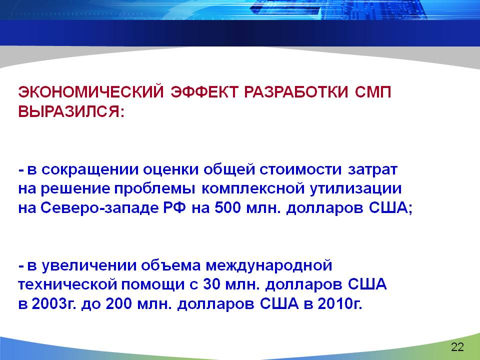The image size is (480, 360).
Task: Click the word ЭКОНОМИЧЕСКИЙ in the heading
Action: (91, 92)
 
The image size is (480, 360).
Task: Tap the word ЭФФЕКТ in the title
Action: (204, 92)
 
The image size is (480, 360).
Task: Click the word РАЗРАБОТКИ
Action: (296, 92)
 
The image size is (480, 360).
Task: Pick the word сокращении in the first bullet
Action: (90, 169)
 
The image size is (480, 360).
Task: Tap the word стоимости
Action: (300, 169)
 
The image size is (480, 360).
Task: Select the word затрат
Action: (372, 170)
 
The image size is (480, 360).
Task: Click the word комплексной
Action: (253, 189)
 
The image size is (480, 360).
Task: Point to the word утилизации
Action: (355, 189)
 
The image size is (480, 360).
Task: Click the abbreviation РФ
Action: (175, 208)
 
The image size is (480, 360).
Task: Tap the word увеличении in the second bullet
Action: (89, 265)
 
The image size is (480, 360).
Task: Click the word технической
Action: (67, 284)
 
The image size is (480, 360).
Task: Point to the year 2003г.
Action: (54, 304)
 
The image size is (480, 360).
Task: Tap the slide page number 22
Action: (457, 347)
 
